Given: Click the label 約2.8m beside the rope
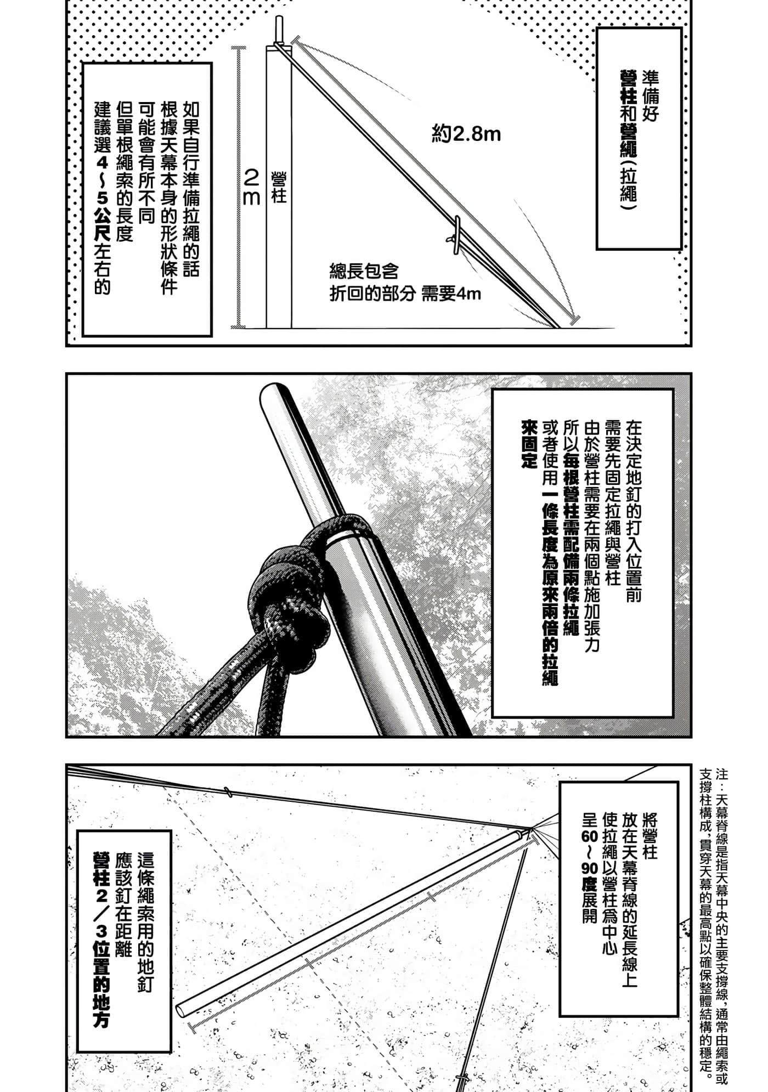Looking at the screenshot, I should [x=466, y=134].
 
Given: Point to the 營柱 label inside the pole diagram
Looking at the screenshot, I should [x=279, y=187].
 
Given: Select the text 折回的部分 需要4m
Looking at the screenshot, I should [x=405, y=295].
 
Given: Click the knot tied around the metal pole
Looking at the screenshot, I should [x=291, y=581].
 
